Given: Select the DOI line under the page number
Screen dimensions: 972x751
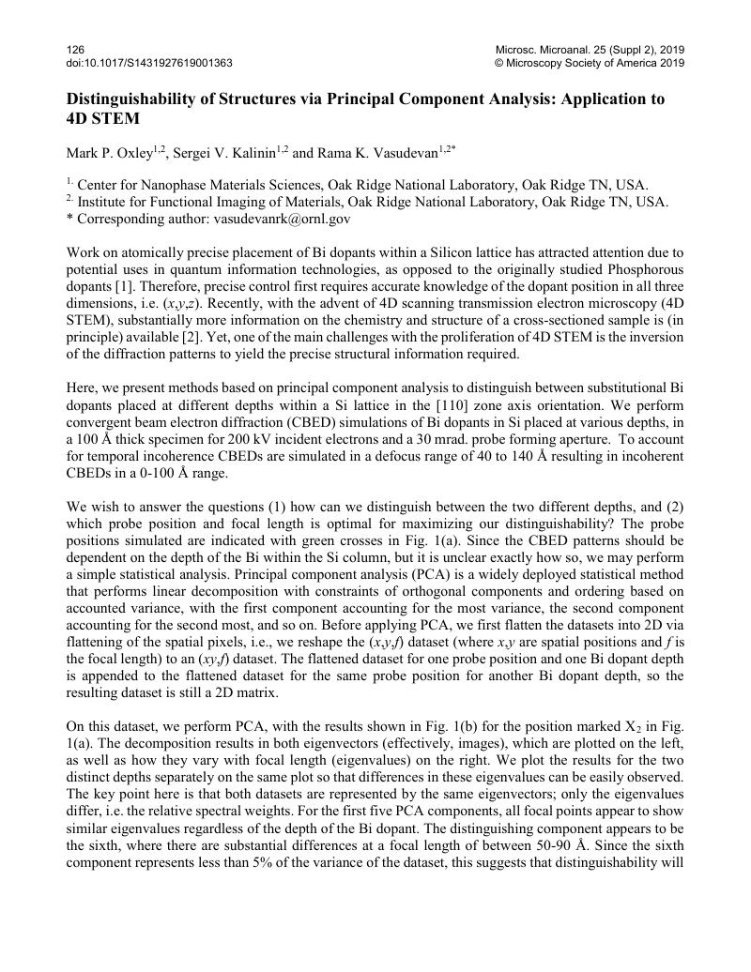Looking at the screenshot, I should (149, 63).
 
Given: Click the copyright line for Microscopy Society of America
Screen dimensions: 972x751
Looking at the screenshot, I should (590, 63).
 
